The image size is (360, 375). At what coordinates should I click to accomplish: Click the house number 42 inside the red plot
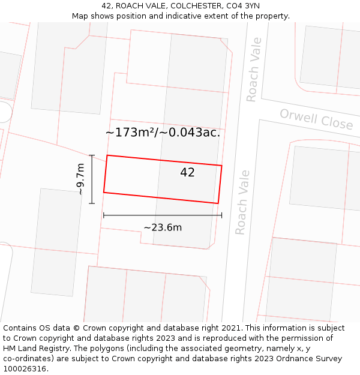pos(187,173)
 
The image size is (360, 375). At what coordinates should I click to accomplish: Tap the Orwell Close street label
pos(316,119)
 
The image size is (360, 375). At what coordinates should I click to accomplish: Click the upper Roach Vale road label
pos(254,70)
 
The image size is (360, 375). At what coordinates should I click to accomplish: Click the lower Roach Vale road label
pos(242,202)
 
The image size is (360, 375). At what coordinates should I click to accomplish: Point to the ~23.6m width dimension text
pos(163,227)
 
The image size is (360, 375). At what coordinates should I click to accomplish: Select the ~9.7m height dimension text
pos(80,179)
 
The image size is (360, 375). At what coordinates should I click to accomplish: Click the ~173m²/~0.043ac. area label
pos(163,133)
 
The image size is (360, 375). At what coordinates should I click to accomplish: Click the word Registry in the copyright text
pos(66,349)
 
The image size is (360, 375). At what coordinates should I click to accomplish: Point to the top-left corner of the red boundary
pos(107,155)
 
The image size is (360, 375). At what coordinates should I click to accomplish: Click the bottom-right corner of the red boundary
pos(218,203)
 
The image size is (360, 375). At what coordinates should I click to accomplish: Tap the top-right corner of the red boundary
pos(222,166)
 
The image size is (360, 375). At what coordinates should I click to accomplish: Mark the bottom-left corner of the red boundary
pos(104,193)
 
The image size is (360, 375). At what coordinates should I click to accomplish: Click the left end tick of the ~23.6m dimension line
pos(104,215)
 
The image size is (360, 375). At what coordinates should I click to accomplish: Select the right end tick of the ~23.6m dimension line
pos(221,215)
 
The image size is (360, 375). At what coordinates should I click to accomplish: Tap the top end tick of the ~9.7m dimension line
pos(92,155)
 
